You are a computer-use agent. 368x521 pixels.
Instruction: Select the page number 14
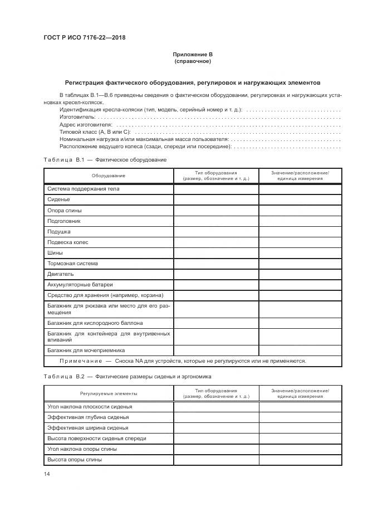pos(47,474)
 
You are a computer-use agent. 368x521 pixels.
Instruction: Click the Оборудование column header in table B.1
pos(109,176)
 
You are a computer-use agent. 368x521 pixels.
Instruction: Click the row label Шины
pos(56,253)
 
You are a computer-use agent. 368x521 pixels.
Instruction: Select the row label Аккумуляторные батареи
pos(80,285)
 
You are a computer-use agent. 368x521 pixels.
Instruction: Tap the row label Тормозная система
pos(72,264)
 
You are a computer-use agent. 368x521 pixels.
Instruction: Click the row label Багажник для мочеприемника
pos(86,350)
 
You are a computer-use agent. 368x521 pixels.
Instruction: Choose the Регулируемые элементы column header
pos(109,393)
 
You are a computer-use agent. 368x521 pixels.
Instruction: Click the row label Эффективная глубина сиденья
pos(88,417)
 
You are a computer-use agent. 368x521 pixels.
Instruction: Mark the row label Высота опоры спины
pos(75,460)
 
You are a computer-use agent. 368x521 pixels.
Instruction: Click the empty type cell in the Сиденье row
pos(216,199)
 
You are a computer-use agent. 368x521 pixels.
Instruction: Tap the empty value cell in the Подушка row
pos(300,231)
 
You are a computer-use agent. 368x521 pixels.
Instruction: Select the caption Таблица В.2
pos(63,377)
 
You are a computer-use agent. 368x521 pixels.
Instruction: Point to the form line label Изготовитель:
pos(77,118)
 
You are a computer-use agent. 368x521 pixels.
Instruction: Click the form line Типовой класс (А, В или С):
pos(95,132)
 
